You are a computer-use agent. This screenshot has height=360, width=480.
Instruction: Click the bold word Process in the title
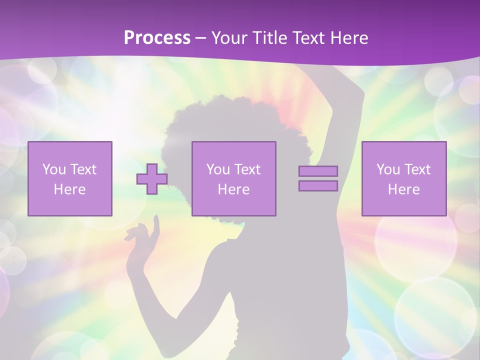pyautogui.click(x=157, y=38)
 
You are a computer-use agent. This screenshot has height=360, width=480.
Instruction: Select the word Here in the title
pyautogui.click(x=348, y=38)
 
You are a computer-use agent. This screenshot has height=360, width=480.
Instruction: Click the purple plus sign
pyautogui.click(x=152, y=178)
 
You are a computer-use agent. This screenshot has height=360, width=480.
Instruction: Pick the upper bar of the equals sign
pyautogui.click(x=318, y=171)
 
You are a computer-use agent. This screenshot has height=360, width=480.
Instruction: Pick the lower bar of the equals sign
pyautogui.click(x=318, y=186)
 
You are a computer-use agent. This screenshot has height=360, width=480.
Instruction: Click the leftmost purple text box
pyautogui.click(x=69, y=178)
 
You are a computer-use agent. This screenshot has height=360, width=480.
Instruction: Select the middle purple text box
pyautogui.click(x=233, y=178)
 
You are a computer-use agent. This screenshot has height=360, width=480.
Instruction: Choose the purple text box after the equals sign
pyautogui.click(x=403, y=178)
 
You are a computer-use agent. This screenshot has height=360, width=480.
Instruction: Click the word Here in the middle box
pyautogui.click(x=233, y=189)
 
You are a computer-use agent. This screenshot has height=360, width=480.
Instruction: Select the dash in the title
pyautogui.click(x=201, y=38)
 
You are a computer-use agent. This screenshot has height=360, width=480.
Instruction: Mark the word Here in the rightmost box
pyautogui.click(x=403, y=189)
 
